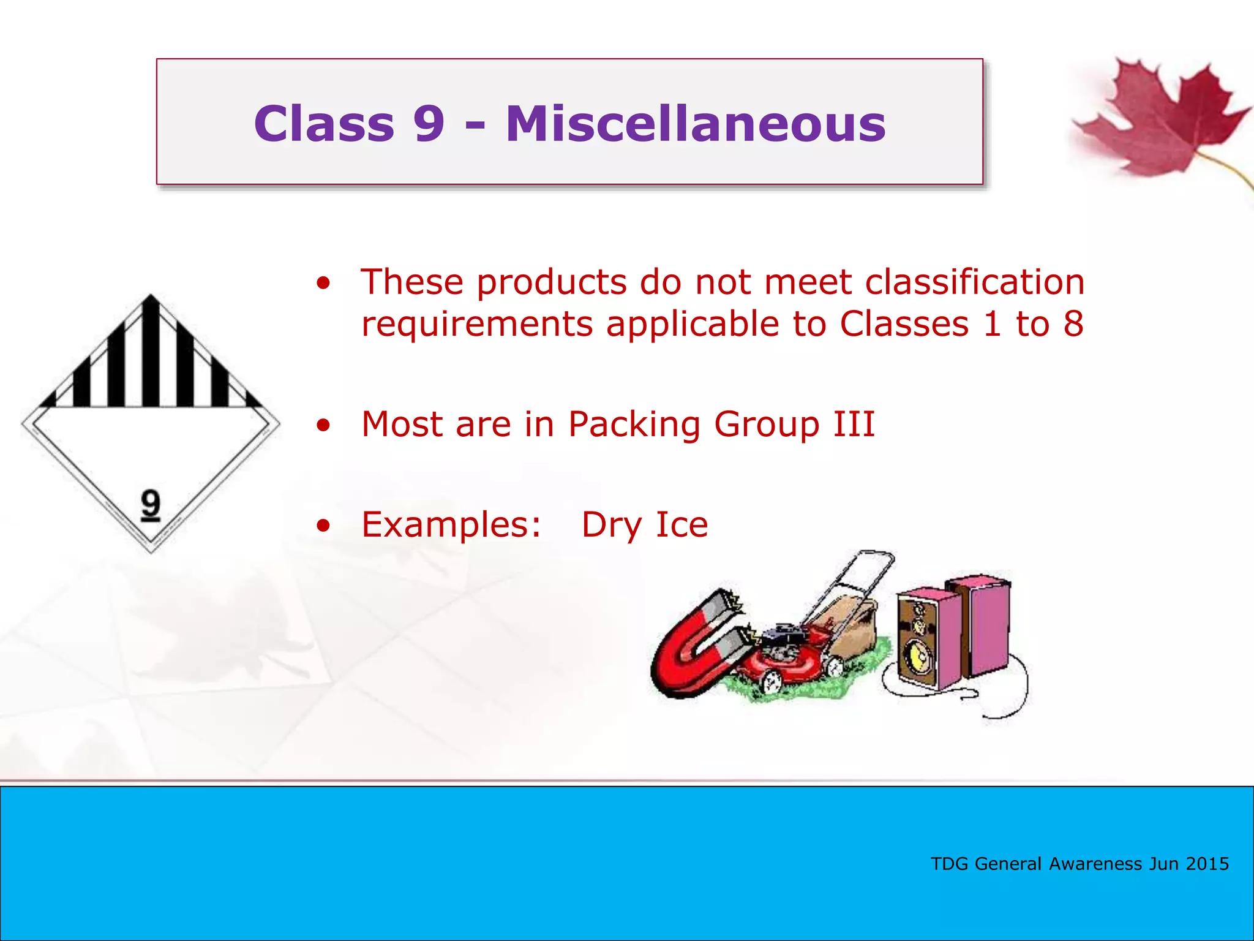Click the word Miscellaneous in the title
click(x=696, y=124)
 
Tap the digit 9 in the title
click(x=428, y=124)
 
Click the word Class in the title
click(x=324, y=124)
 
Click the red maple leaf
click(x=1157, y=119)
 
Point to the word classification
click(x=974, y=282)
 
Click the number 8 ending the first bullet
click(x=1073, y=324)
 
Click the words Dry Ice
click(x=645, y=525)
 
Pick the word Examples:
click(x=451, y=525)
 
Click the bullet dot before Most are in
click(x=323, y=425)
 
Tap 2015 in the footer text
click(x=1207, y=864)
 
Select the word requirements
click(x=476, y=324)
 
